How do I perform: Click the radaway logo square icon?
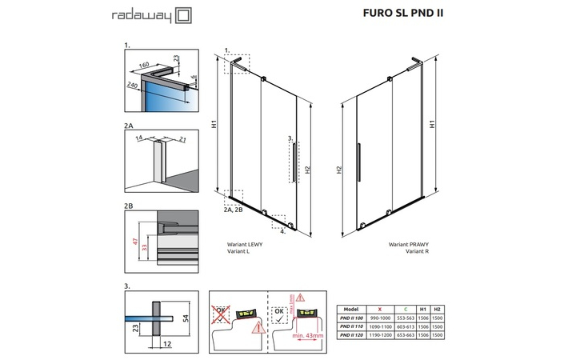point(183,14)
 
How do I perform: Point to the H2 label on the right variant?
point(339,170)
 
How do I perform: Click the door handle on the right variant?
point(358,157)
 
